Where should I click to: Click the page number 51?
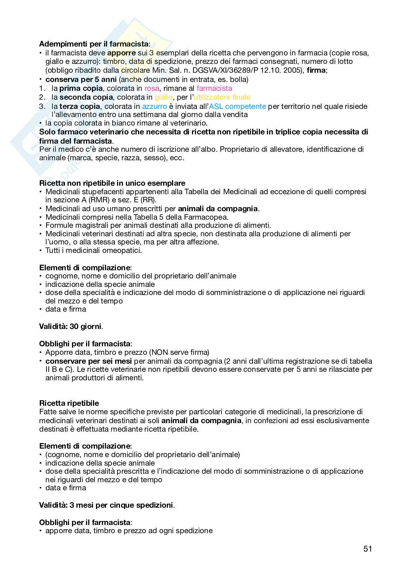point(367,549)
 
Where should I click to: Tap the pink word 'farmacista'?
point(214,88)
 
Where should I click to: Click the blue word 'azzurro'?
point(154,106)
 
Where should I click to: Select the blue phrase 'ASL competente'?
point(237,106)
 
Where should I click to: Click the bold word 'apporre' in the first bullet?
point(121,53)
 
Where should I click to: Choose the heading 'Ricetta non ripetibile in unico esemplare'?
point(112,183)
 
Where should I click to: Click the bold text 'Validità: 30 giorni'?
point(71,326)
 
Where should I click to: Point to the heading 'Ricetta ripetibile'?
point(69,403)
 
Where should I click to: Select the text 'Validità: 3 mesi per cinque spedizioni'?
point(106,505)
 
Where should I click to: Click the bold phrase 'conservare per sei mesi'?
point(89,361)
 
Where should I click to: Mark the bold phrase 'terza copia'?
point(80,106)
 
